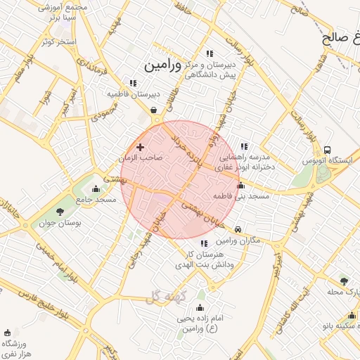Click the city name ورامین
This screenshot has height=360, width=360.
(162, 65)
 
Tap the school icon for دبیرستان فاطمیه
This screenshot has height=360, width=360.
(132, 84)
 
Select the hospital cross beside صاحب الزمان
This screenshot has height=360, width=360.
(141, 147)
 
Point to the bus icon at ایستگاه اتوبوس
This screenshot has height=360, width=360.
(327, 150)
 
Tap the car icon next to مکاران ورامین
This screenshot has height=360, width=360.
(238, 229)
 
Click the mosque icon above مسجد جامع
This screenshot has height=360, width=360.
(96, 188)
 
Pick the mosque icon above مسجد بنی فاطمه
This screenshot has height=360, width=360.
(241, 186)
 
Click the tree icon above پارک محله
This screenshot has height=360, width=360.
(343, 280)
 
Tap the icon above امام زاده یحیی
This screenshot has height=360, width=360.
(200, 307)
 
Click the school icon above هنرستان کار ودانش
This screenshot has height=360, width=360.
(204, 243)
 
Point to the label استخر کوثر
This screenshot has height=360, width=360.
(58, 42)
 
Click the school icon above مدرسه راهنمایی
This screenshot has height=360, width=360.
(244, 146)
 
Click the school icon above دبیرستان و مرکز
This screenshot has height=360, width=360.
(209, 53)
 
